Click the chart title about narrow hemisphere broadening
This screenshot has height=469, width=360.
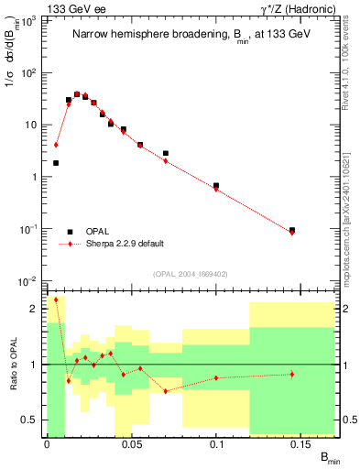pyautogui.click(x=191, y=34)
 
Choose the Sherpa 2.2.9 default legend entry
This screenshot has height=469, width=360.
pyautogui.click(x=125, y=244)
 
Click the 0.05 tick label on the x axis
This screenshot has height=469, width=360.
pyautogui.click(x=132, y=444)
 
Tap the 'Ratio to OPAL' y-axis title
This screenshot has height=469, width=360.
pyautogui.click(x=13, y=364)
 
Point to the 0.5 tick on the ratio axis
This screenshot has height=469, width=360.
pyautogui.click(x=33, y=420)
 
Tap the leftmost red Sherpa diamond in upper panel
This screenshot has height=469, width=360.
pyautogui.click(x=56, y=145)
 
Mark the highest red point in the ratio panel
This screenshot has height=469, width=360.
pyautogui.click(x=56, y=300)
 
